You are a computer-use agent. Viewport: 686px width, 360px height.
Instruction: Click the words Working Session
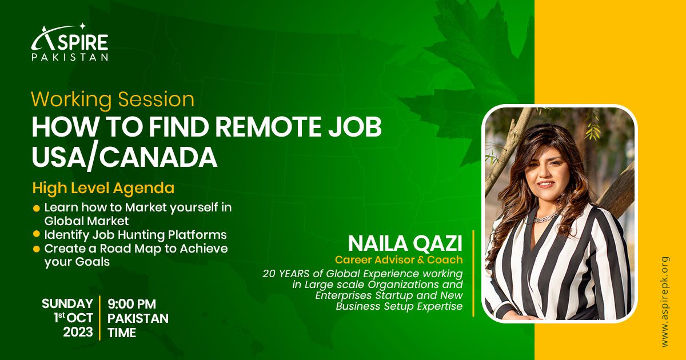[x=113, y=100]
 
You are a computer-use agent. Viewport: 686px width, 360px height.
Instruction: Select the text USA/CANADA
[x=125, y=157]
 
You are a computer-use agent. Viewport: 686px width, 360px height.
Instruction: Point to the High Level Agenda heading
[x=103, y=188]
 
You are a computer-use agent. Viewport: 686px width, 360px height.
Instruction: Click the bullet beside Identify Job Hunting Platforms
[x=37, y=234]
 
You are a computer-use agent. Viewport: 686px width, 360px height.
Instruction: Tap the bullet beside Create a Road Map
[x=37, y=249]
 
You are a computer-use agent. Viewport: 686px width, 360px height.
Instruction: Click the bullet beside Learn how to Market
[x=37, y=209]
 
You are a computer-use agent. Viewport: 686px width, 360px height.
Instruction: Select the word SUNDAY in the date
[x=67, y=304]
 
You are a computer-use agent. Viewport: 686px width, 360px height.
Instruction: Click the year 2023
[x=78, y=332]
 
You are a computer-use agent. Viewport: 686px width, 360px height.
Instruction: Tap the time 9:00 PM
[x=131, y=304]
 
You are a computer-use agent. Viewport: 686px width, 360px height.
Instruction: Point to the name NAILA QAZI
[x=405, y=243]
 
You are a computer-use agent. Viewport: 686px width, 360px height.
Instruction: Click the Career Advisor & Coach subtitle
[x=399, y=260]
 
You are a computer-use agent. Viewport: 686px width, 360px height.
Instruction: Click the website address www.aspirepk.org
[x=665, y=302]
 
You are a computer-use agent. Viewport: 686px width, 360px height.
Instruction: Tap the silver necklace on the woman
[x=546, y=217]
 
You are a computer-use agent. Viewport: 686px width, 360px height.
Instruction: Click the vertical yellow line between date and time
[x=100, y=318]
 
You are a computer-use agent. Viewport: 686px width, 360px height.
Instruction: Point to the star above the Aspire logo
[x=82, y=27]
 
